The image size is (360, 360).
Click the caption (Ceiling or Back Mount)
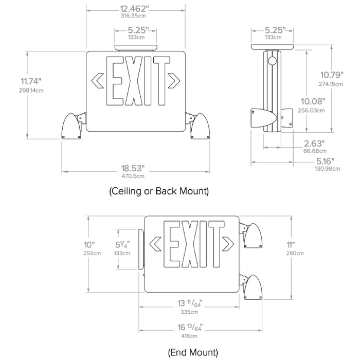[x=158, y=191]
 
